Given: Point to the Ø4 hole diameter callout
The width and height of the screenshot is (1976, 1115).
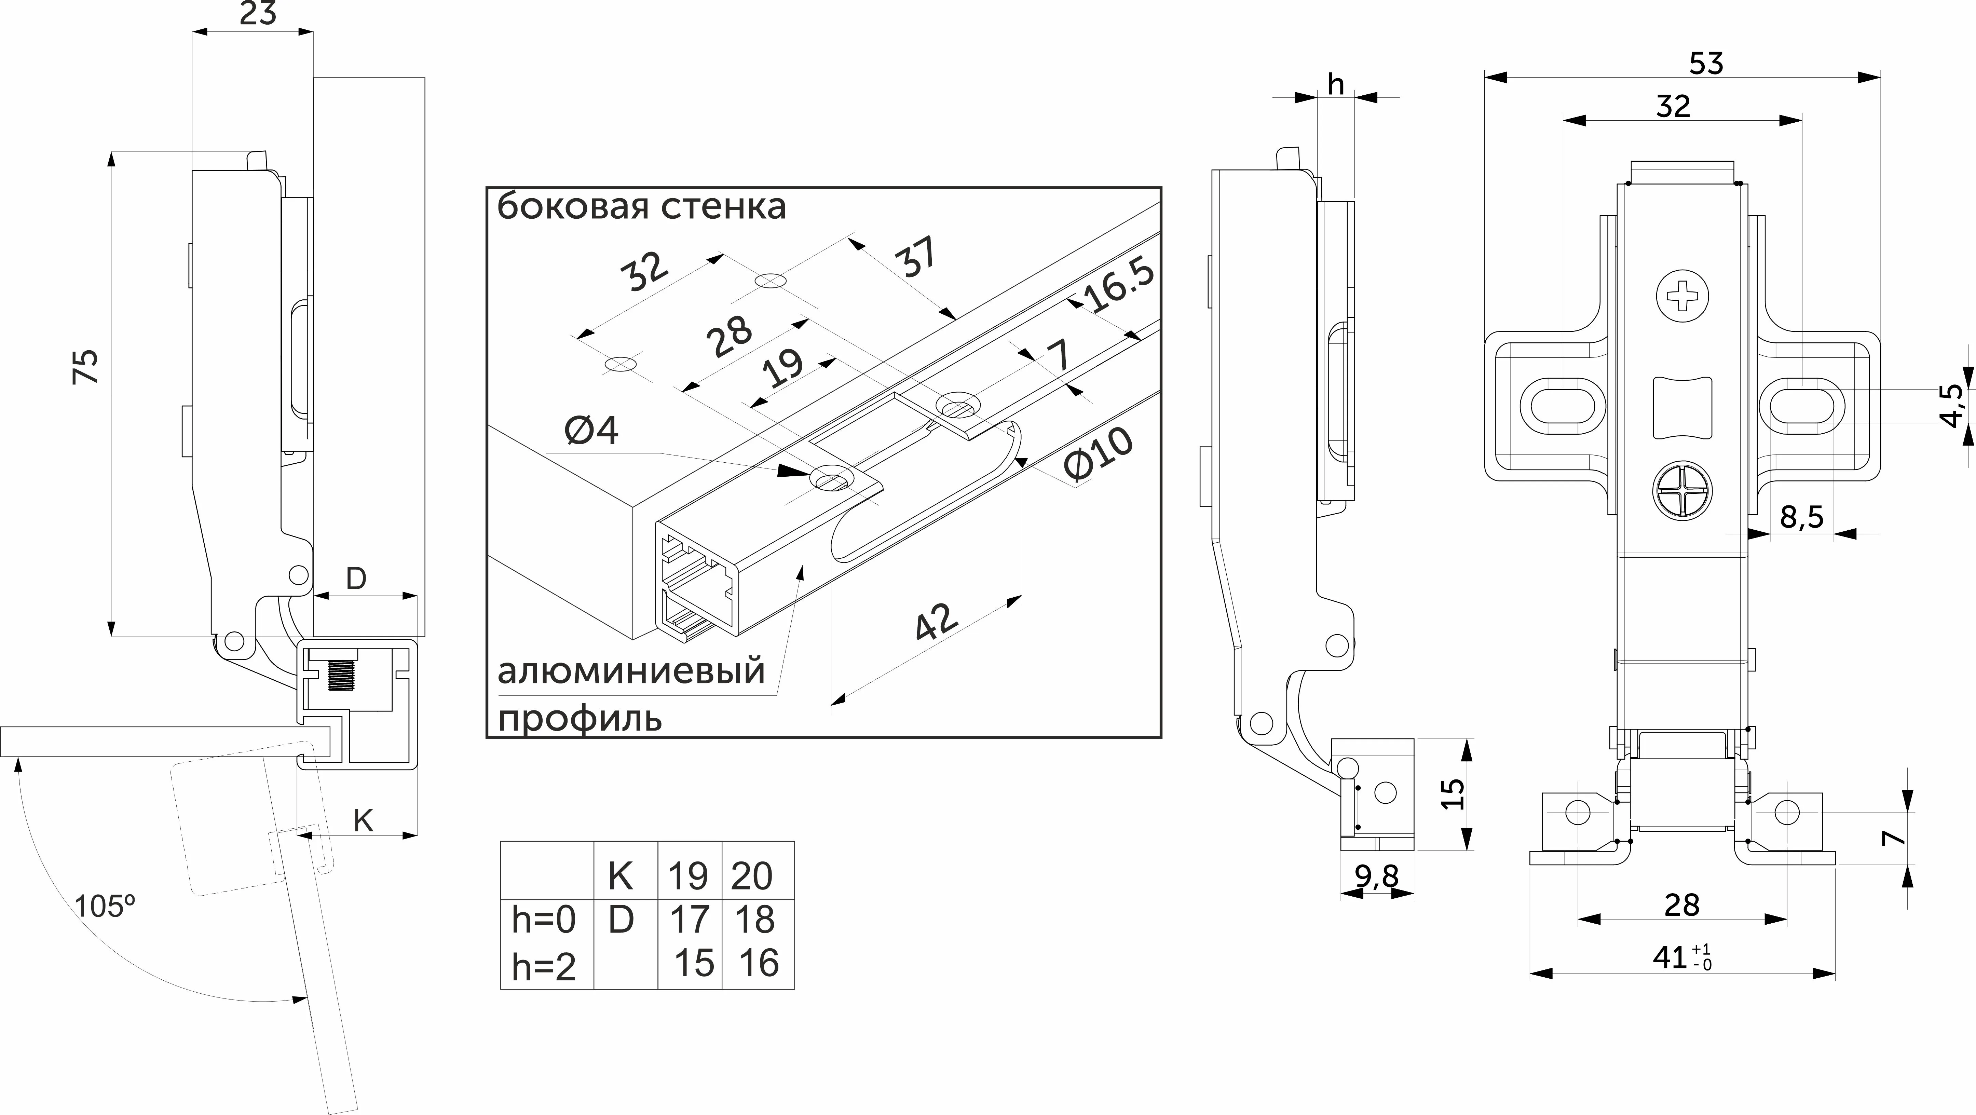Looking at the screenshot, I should point(591,431).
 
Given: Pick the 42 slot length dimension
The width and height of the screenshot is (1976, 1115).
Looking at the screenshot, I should point(937,623).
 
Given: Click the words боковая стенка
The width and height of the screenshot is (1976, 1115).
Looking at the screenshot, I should point(641,207).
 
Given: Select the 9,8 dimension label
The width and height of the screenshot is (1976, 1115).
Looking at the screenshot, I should point(1377,875).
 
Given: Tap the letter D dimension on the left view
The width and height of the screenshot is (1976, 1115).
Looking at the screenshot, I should point(356,579).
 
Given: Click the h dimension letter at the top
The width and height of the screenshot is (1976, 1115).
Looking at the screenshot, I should point(1335,84).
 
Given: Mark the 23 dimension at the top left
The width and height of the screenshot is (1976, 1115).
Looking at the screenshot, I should point(258,14).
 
